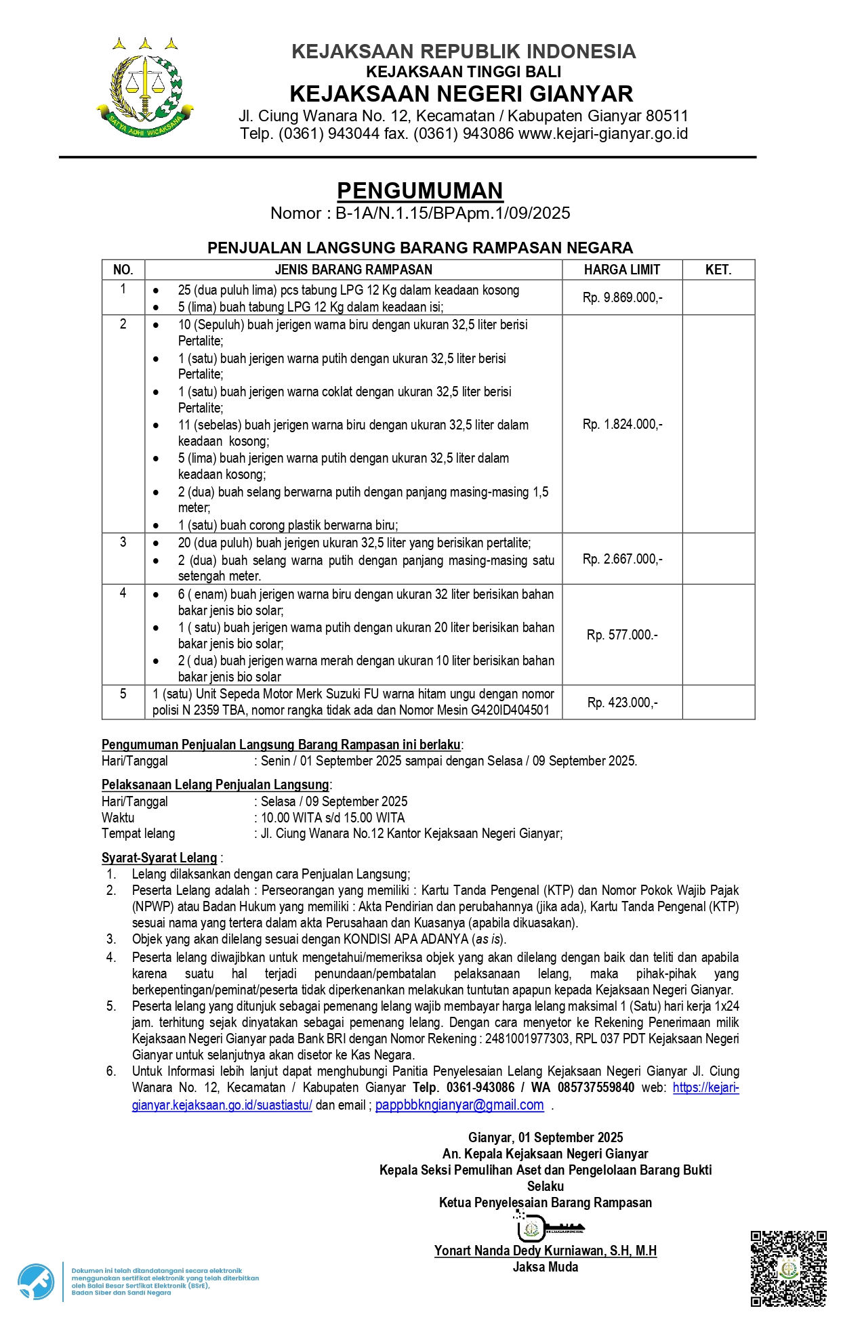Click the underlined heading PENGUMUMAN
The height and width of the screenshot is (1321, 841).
[x=420, y=191]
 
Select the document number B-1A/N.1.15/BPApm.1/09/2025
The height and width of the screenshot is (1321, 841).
[x=453, y=213]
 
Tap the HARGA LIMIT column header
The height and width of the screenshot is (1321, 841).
[x=621, y=270]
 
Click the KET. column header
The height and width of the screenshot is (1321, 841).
[x=718, y=270]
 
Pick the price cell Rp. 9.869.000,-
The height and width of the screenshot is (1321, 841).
[x=622, y=297]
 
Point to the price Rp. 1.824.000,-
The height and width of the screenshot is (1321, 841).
[x=622, y=424]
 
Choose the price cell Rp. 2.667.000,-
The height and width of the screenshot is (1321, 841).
[x=622, y=559]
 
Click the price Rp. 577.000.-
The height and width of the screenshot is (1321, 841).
[x=622, y=635]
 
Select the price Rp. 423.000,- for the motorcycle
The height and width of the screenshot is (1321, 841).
[x=622, y=703]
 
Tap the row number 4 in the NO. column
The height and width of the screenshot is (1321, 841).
[x=123, y=593]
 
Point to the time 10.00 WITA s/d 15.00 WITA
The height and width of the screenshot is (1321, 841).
[x=333, y=818]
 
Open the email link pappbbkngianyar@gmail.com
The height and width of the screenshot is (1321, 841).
[x=459, y=1105]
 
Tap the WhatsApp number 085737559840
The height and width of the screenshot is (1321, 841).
[x=596, y=1087]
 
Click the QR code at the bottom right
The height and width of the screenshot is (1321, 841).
[x=788, y=1268]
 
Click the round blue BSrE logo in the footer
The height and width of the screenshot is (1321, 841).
[x=36, y=1282]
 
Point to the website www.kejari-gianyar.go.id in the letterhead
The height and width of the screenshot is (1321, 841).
[x=603, y=133]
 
